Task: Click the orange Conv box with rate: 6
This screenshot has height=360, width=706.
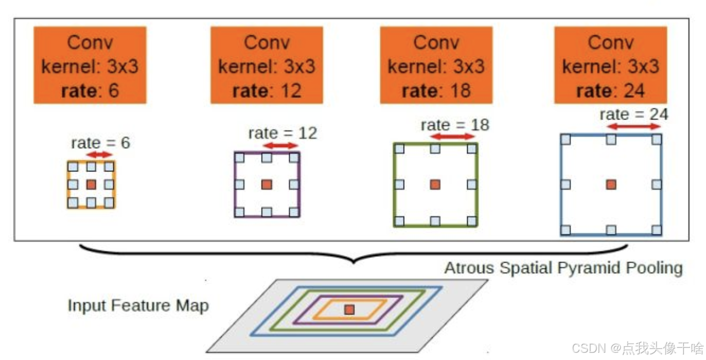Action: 90,65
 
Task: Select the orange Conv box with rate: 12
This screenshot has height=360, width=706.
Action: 267,65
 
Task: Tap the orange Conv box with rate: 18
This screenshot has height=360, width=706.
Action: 436,65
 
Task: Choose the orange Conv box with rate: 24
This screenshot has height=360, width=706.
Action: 610,65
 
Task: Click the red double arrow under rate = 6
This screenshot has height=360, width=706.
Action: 100,154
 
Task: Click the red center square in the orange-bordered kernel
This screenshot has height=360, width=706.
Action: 91,184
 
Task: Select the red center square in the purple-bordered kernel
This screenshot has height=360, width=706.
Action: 266,184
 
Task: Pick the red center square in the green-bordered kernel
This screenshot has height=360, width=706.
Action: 435,184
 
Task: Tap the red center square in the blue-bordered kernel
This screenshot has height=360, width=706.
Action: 610,184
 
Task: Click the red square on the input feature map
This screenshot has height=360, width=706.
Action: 349,310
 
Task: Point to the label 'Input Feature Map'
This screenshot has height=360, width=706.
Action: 138,305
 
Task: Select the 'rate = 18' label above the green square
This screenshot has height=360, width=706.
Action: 455,125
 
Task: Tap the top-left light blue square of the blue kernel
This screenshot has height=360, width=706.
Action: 565,139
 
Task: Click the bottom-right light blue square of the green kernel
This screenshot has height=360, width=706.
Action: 471,221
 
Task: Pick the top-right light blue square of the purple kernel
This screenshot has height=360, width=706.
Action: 295,158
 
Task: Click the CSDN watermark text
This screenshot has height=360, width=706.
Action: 637,348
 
